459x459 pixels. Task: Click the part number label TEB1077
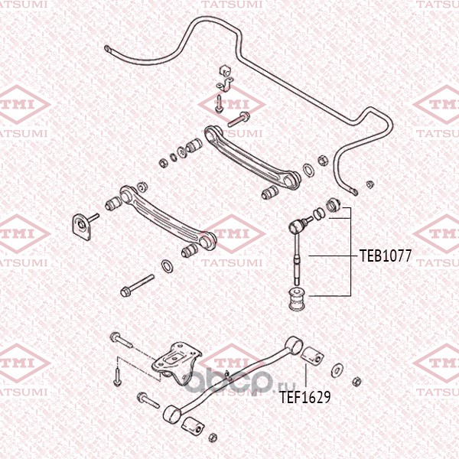point(386,256)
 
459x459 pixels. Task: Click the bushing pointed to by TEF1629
point(311,357)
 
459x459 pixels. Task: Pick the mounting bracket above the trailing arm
point(177,361)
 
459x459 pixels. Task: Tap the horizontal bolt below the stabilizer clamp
point(238,118)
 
